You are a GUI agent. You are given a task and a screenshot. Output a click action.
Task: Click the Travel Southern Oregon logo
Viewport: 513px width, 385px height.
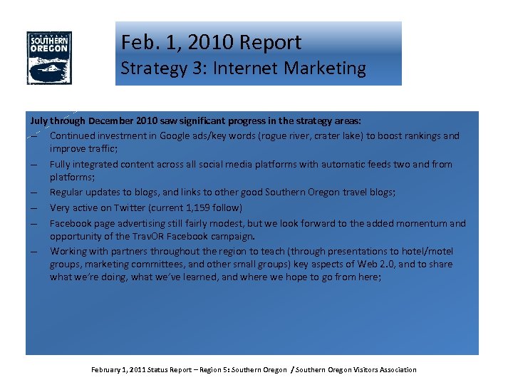point(49,58)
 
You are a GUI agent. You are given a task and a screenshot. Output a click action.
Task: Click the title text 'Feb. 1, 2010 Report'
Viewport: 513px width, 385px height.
point(211,42)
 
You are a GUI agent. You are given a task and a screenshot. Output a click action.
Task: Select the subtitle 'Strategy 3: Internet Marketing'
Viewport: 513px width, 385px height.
point(243,68)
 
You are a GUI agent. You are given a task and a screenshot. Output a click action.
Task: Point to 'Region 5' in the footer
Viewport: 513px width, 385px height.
point(212,369)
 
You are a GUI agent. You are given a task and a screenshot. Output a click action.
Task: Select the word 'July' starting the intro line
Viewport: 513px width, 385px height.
point(38,121)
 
